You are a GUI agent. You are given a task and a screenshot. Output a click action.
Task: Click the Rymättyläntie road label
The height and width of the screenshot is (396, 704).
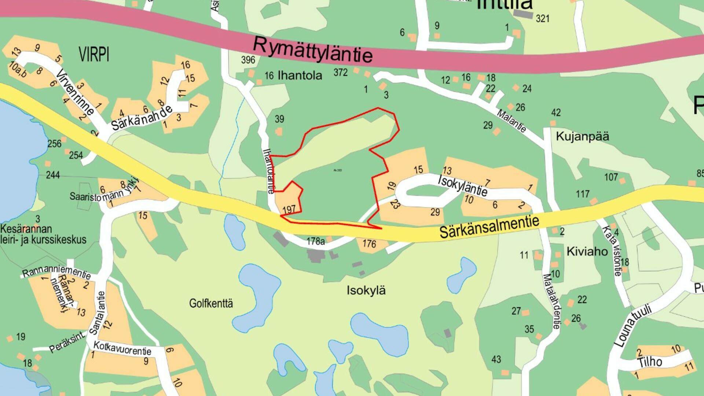[312, 50]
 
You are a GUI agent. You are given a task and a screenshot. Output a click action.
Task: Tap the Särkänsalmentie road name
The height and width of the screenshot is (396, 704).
[489, 227]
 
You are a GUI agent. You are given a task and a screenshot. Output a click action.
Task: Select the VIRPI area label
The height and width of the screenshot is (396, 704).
[94, 55]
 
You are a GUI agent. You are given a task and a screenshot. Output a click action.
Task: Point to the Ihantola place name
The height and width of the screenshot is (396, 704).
[300, 76]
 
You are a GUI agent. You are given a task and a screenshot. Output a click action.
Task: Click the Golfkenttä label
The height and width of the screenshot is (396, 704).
[211, 303]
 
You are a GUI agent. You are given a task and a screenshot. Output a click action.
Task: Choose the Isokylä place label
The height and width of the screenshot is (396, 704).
[366, 291]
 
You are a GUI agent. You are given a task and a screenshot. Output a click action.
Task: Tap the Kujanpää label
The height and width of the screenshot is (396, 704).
[582, 136]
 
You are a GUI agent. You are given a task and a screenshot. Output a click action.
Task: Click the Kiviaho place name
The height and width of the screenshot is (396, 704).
[587, 252]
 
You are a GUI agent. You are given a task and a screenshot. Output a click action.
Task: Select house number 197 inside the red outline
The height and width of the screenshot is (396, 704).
[289, 209]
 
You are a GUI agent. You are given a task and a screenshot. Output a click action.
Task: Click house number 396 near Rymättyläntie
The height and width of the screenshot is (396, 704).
[248, 60]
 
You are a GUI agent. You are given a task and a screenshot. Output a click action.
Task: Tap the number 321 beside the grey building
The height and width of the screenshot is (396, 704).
[542, 18]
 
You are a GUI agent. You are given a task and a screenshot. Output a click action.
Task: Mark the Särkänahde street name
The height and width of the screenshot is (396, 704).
[142, 118]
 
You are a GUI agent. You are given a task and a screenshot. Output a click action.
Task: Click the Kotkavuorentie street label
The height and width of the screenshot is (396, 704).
[122, 348]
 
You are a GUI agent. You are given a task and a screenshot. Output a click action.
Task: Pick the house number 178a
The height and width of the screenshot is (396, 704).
[315, 241]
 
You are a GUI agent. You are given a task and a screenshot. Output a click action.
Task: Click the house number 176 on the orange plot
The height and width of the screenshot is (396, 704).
[369, 243]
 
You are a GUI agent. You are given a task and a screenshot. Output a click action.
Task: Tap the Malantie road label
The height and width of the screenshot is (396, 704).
[511, 120]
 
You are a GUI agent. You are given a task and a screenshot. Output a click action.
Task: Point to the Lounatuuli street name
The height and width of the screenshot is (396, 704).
[633, 325]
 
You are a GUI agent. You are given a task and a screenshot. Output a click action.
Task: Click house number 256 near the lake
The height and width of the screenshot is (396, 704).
[54, 144]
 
